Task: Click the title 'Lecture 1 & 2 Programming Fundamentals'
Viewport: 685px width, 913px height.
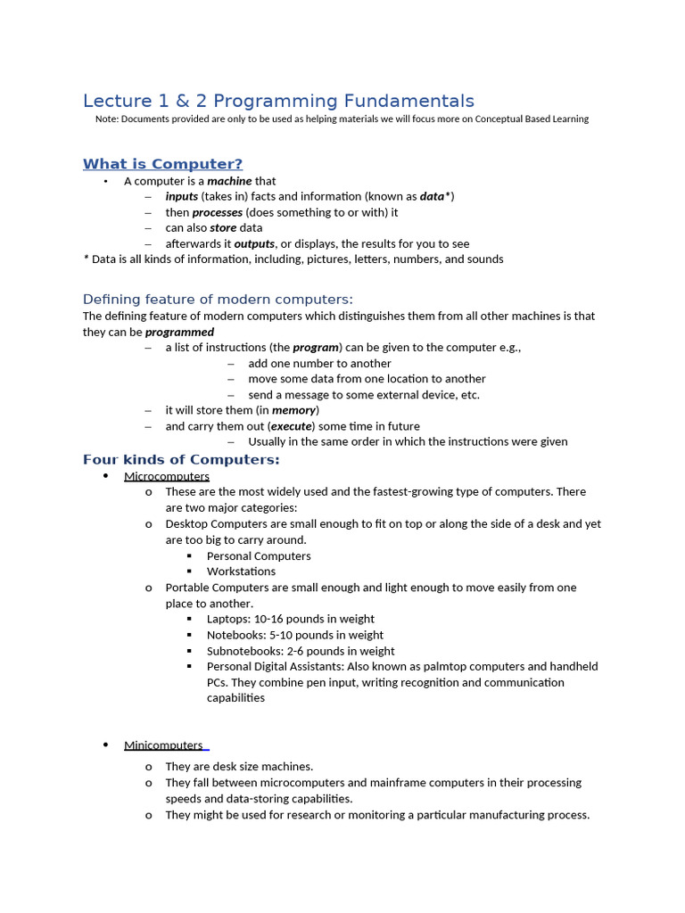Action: pyautogui.click(x=278, y=102)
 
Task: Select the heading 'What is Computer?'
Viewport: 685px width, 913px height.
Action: pyautogui.click(x=162, y=164)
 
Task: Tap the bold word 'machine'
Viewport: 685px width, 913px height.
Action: pyautogui.click(x=229, y=181)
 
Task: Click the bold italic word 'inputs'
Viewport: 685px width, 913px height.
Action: pyautogui.click(x=181, y=197)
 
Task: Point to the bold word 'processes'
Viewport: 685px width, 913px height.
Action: pyautogui.click(x=217, y=212)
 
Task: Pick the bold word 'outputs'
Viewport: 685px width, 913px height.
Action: pyautogui.click(x=254, y=244)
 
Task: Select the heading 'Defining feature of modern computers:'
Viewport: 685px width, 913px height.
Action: pyautogui.click(x=218, y=300)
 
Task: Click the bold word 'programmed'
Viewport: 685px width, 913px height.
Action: pyautogui.click(x=179, y=332)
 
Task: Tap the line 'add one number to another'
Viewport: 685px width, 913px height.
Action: pyautogui.click(x=319, y=364)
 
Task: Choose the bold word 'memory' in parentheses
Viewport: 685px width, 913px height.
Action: pyautogui.click(x=293, y=410)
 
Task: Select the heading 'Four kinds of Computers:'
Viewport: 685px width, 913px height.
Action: pyautogui.click(x=181, y=460)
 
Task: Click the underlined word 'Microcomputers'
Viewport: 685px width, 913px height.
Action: pyautogui.click(x=167, y=477)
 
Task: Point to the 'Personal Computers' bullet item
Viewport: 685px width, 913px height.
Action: pyautogui.click(x=259, y=556)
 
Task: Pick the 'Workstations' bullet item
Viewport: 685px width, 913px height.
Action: pyautogui.click(x=241, y=572)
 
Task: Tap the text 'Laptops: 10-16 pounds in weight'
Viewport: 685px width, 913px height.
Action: pyautogui.click(x=290, y=619)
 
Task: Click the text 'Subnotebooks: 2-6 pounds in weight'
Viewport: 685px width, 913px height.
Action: pyautogui.click(x=301, y=651)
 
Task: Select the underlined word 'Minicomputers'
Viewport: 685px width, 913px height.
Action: pyautogui.click(x=163, y=745)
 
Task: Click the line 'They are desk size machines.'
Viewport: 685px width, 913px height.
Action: pyautogui.click(x=239, y=767)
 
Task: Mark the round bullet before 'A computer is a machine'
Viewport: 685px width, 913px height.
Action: pyautogui.click(x=105, y=182)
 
